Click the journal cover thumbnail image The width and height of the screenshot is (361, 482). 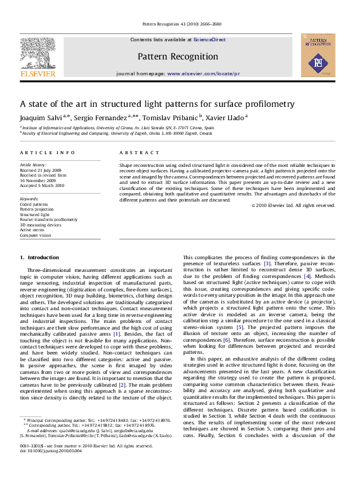pyautogui.click(x=320, y=55)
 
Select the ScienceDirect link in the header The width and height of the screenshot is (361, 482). pyautogui.click(x=209, y=39)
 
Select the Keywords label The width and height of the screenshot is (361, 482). pyautogui.click(x=29, y=199)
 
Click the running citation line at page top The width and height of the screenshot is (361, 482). pyautogui.click(x=180, y=23)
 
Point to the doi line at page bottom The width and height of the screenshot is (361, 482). pyautogui.click(x=46, y=468)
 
